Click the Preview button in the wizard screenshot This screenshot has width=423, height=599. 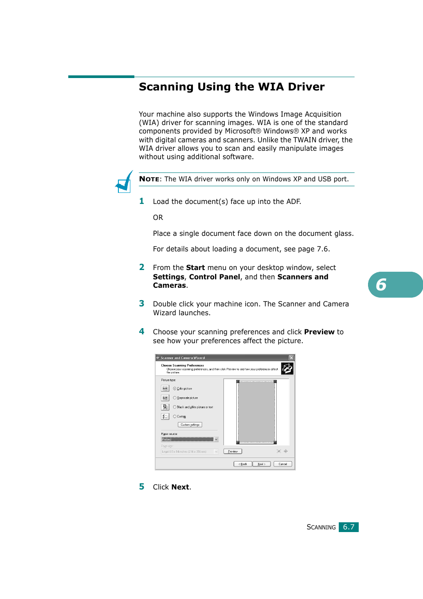click(x=233, y=451)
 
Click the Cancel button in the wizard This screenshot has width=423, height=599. click(x=282, y=464)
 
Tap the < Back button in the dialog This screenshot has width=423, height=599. click(x=243, y=464)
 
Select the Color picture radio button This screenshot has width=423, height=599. click(x=175, y=388)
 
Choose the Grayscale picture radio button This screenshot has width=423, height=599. click(x=175, y=398)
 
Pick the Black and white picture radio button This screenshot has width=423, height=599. click(x=175, y=407)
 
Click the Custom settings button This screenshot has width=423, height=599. click(x=190, y=425)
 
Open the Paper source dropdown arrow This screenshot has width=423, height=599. click(x=216, y=439)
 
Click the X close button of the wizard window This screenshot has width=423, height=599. click(x=291, y=358)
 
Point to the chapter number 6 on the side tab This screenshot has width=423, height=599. click(x=381, y=285)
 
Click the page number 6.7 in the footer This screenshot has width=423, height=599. click(x=349, y=527)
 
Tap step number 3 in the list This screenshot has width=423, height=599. click(x=141, y=304)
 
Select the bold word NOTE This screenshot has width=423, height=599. click(x=149, y=179)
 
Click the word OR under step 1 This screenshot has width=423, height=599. click(x=158, y=218)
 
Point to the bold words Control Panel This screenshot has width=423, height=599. click(x=215, y=277)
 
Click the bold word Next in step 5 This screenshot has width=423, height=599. click(x=180, y=487)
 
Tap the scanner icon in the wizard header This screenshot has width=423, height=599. click(x=287, y=368)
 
